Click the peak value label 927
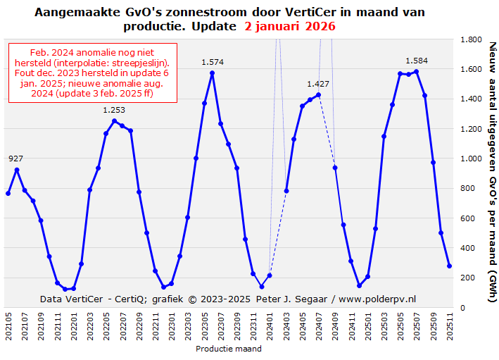(15, 159)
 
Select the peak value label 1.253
(114, 110)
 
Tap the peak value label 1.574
(213, 62)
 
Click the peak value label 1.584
(417, 61)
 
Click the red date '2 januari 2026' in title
(290, 27)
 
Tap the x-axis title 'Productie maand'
(229, 349)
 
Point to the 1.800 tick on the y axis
(472, 40)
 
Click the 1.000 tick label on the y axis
(472, 159)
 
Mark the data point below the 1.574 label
(213, 73)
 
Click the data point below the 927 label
(16, 170)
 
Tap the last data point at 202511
(450, 266)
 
